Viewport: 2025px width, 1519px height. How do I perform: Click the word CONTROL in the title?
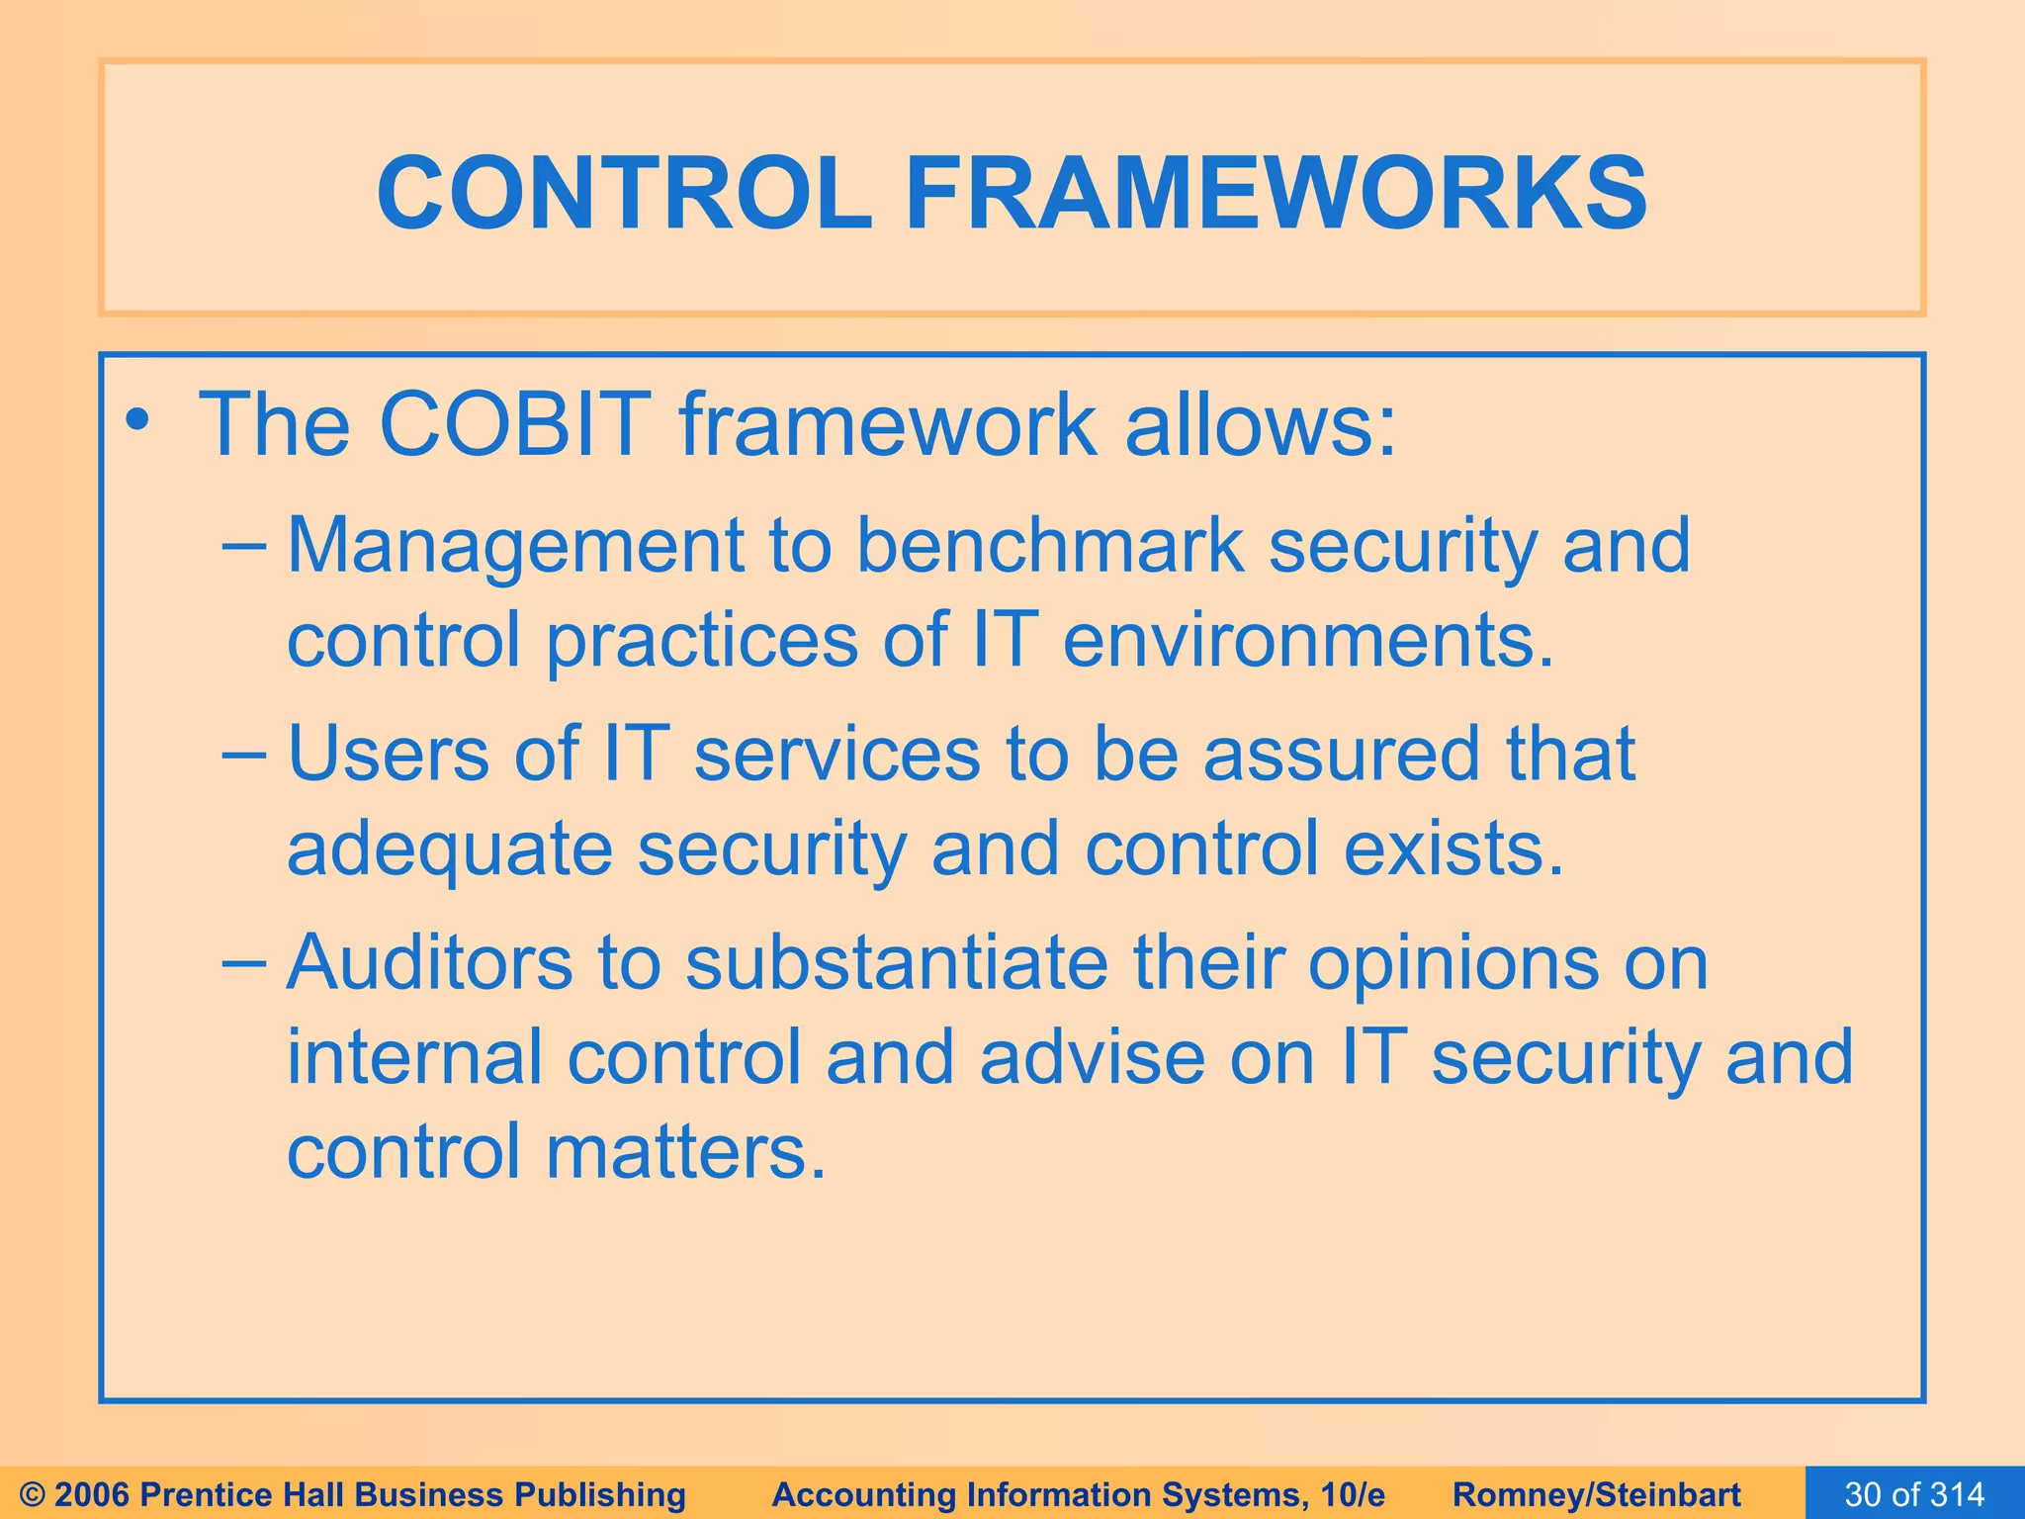click(624, 194)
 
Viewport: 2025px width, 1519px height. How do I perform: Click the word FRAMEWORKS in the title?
click(1276, 194)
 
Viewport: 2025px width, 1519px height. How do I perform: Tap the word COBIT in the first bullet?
click(514, 425)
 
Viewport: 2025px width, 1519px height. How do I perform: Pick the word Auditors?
click(429, 963)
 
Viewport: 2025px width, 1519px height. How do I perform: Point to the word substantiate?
click(896, 963)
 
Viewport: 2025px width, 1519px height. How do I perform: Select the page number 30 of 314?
click(1914, 1494)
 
